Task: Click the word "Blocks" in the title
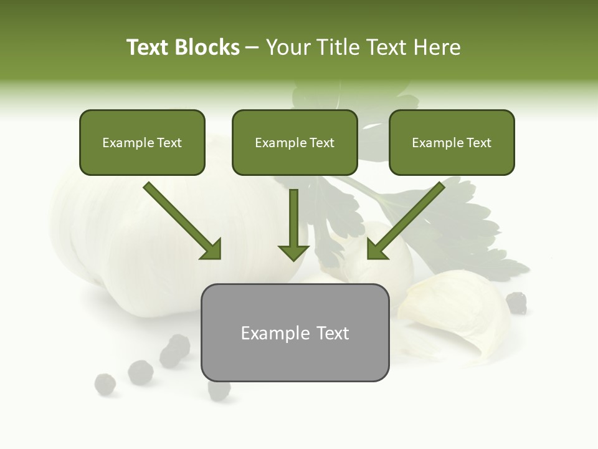(208, 47)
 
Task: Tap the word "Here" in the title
(437, 47)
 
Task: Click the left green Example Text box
(142, 142)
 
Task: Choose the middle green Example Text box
(295, 142)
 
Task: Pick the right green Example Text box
(452, 142)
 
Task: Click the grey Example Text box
(295, 332)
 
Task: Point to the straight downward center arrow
(293, 224)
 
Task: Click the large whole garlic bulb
(125, 237)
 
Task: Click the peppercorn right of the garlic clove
(516, 302)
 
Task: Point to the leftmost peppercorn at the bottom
(105, 384)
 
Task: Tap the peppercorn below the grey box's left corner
(219, 390)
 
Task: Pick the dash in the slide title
(252, 47)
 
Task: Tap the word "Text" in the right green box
(478, 143)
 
